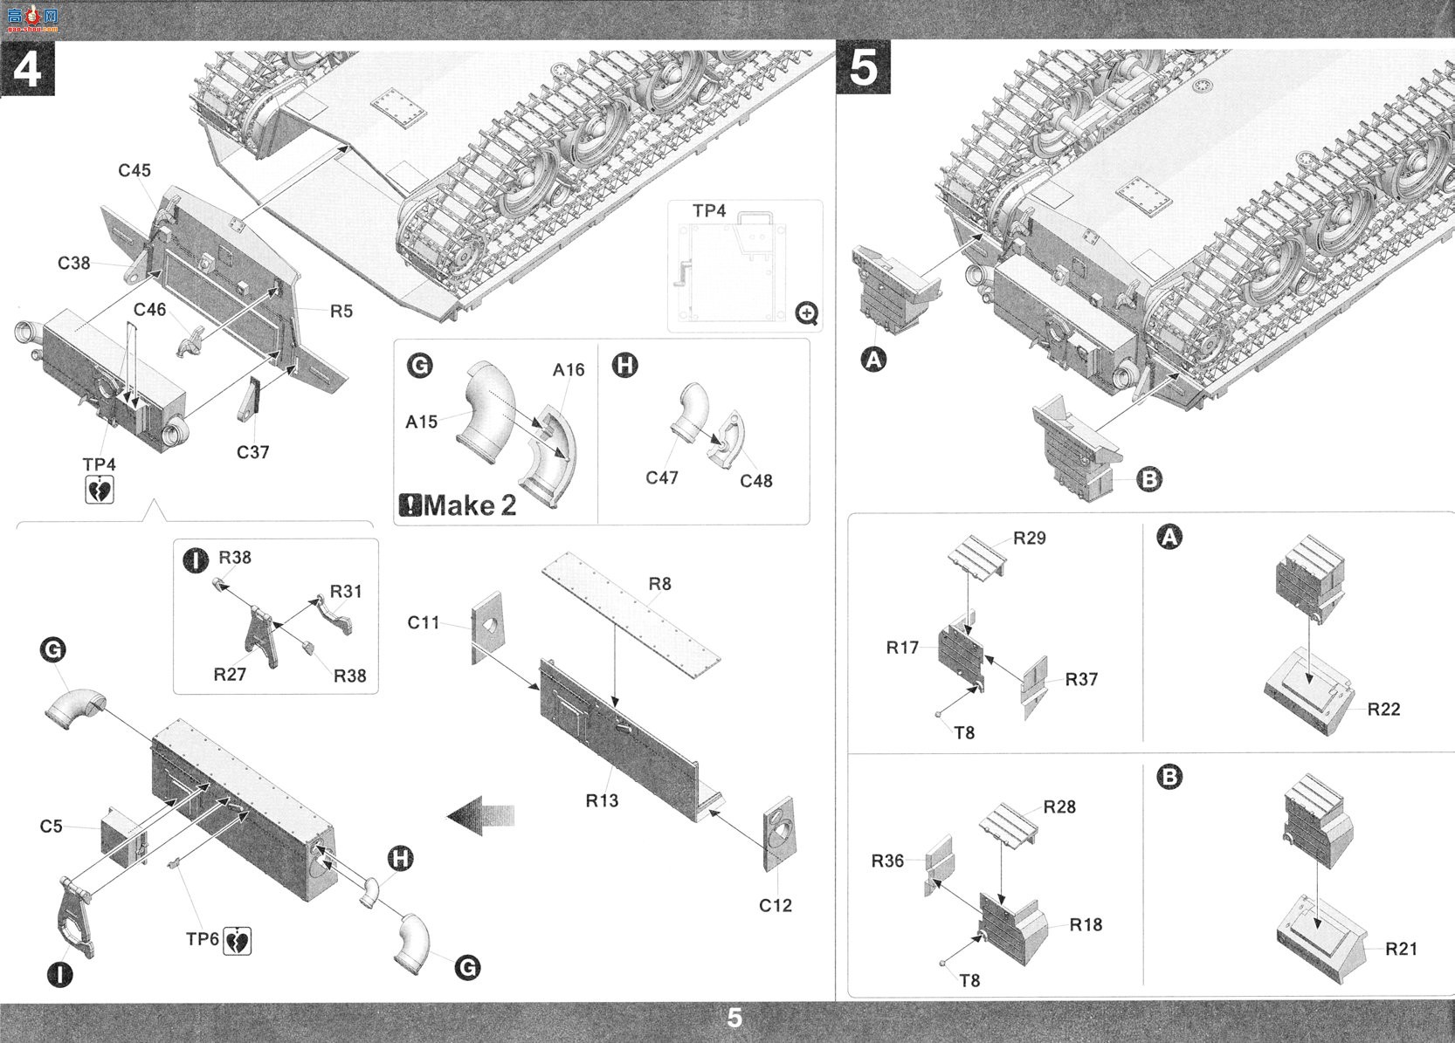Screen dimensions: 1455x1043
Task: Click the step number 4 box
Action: [27, 69]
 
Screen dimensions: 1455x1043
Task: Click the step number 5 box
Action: [863, 67]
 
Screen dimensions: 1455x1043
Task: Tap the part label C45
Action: [134, 170]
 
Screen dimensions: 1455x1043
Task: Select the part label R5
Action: [341, 312]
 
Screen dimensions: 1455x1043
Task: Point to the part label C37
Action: [252, 452]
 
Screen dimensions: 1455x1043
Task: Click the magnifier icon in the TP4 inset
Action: [807, 314]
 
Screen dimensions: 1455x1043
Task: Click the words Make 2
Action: [470, 505]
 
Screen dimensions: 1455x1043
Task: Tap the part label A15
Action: [422, 422]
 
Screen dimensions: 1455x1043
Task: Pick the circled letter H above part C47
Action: [624, 366]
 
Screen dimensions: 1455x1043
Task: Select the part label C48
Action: [756, 481]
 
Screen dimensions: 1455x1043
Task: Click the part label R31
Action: [346, 591]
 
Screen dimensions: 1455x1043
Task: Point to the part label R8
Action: [659, 584]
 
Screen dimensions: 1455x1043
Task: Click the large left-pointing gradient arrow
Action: [480, 815]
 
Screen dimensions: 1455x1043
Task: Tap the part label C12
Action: [776, 905]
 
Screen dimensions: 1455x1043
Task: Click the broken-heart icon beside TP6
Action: [237, 941]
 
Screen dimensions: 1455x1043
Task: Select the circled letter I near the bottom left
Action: [59, 974]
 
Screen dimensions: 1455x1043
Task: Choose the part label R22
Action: [1383, 710]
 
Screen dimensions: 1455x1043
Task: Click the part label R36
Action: [887, 861]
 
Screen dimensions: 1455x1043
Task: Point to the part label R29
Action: [1030, 538]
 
